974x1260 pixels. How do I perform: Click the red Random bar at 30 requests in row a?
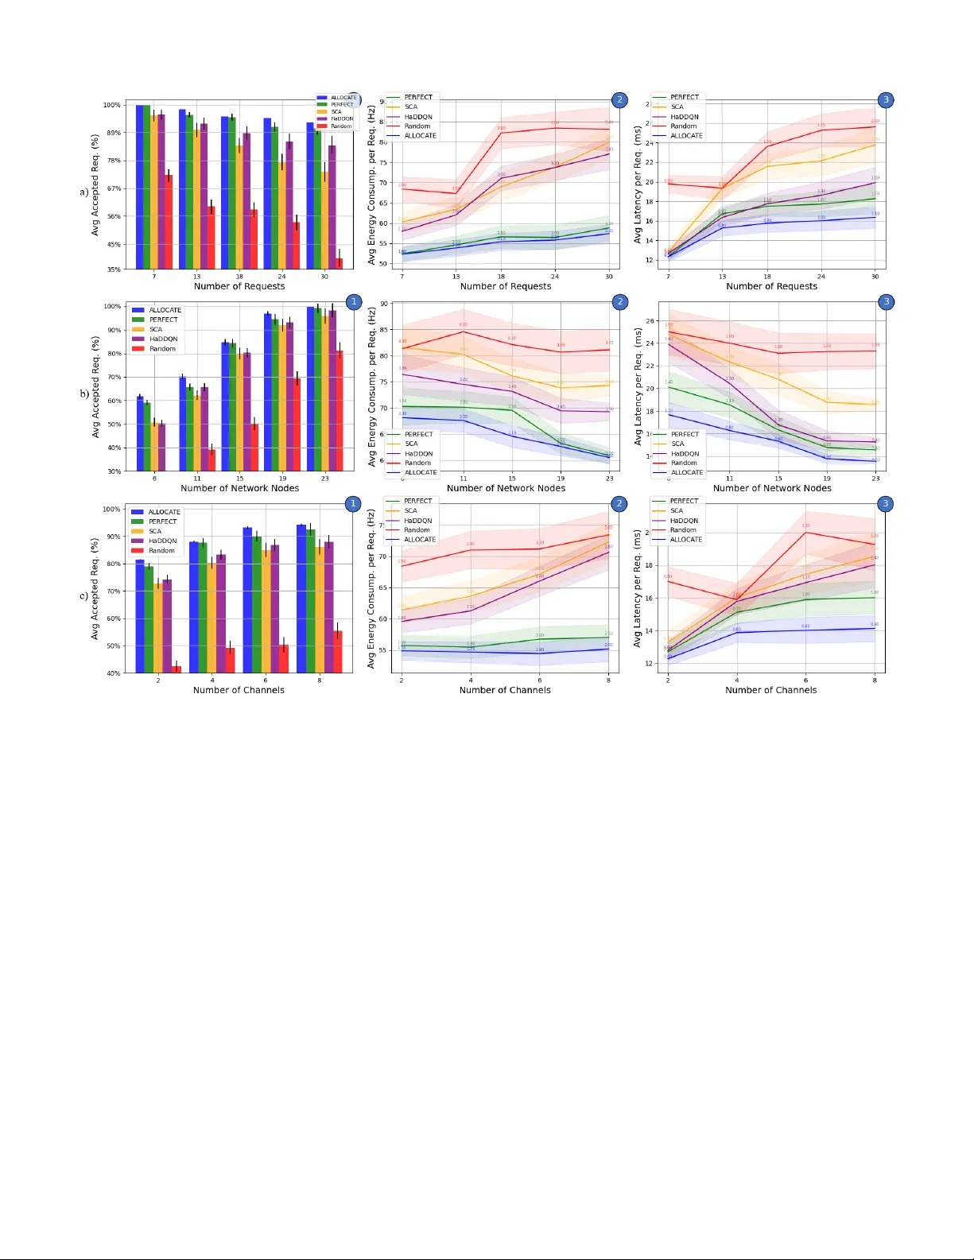(339, 263)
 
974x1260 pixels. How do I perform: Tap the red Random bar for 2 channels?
(176, 669)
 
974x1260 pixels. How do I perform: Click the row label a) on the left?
(83, 192)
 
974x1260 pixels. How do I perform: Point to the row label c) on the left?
(83, 595)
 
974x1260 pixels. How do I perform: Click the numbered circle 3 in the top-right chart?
(886, 99)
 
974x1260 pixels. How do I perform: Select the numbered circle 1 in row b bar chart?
(354, 301)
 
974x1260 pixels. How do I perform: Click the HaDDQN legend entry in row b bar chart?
(163, 339)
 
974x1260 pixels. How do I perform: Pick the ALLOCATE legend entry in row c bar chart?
(164, 512)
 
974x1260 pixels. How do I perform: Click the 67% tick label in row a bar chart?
(113, 188)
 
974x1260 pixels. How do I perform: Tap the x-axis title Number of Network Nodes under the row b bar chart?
(239, 488)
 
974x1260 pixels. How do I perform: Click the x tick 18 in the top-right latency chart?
(767, 277)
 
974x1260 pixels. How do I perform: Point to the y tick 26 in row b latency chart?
(650, 321)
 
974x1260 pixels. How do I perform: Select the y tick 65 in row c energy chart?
(383, 587)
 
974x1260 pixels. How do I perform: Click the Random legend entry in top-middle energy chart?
(417, 126)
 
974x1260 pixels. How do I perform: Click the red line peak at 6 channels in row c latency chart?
(806, 532)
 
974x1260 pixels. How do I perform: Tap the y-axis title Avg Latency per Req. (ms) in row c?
(638, 588)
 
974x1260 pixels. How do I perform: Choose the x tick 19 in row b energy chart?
(561, 479)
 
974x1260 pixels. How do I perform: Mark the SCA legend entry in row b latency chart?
(677, 444)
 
